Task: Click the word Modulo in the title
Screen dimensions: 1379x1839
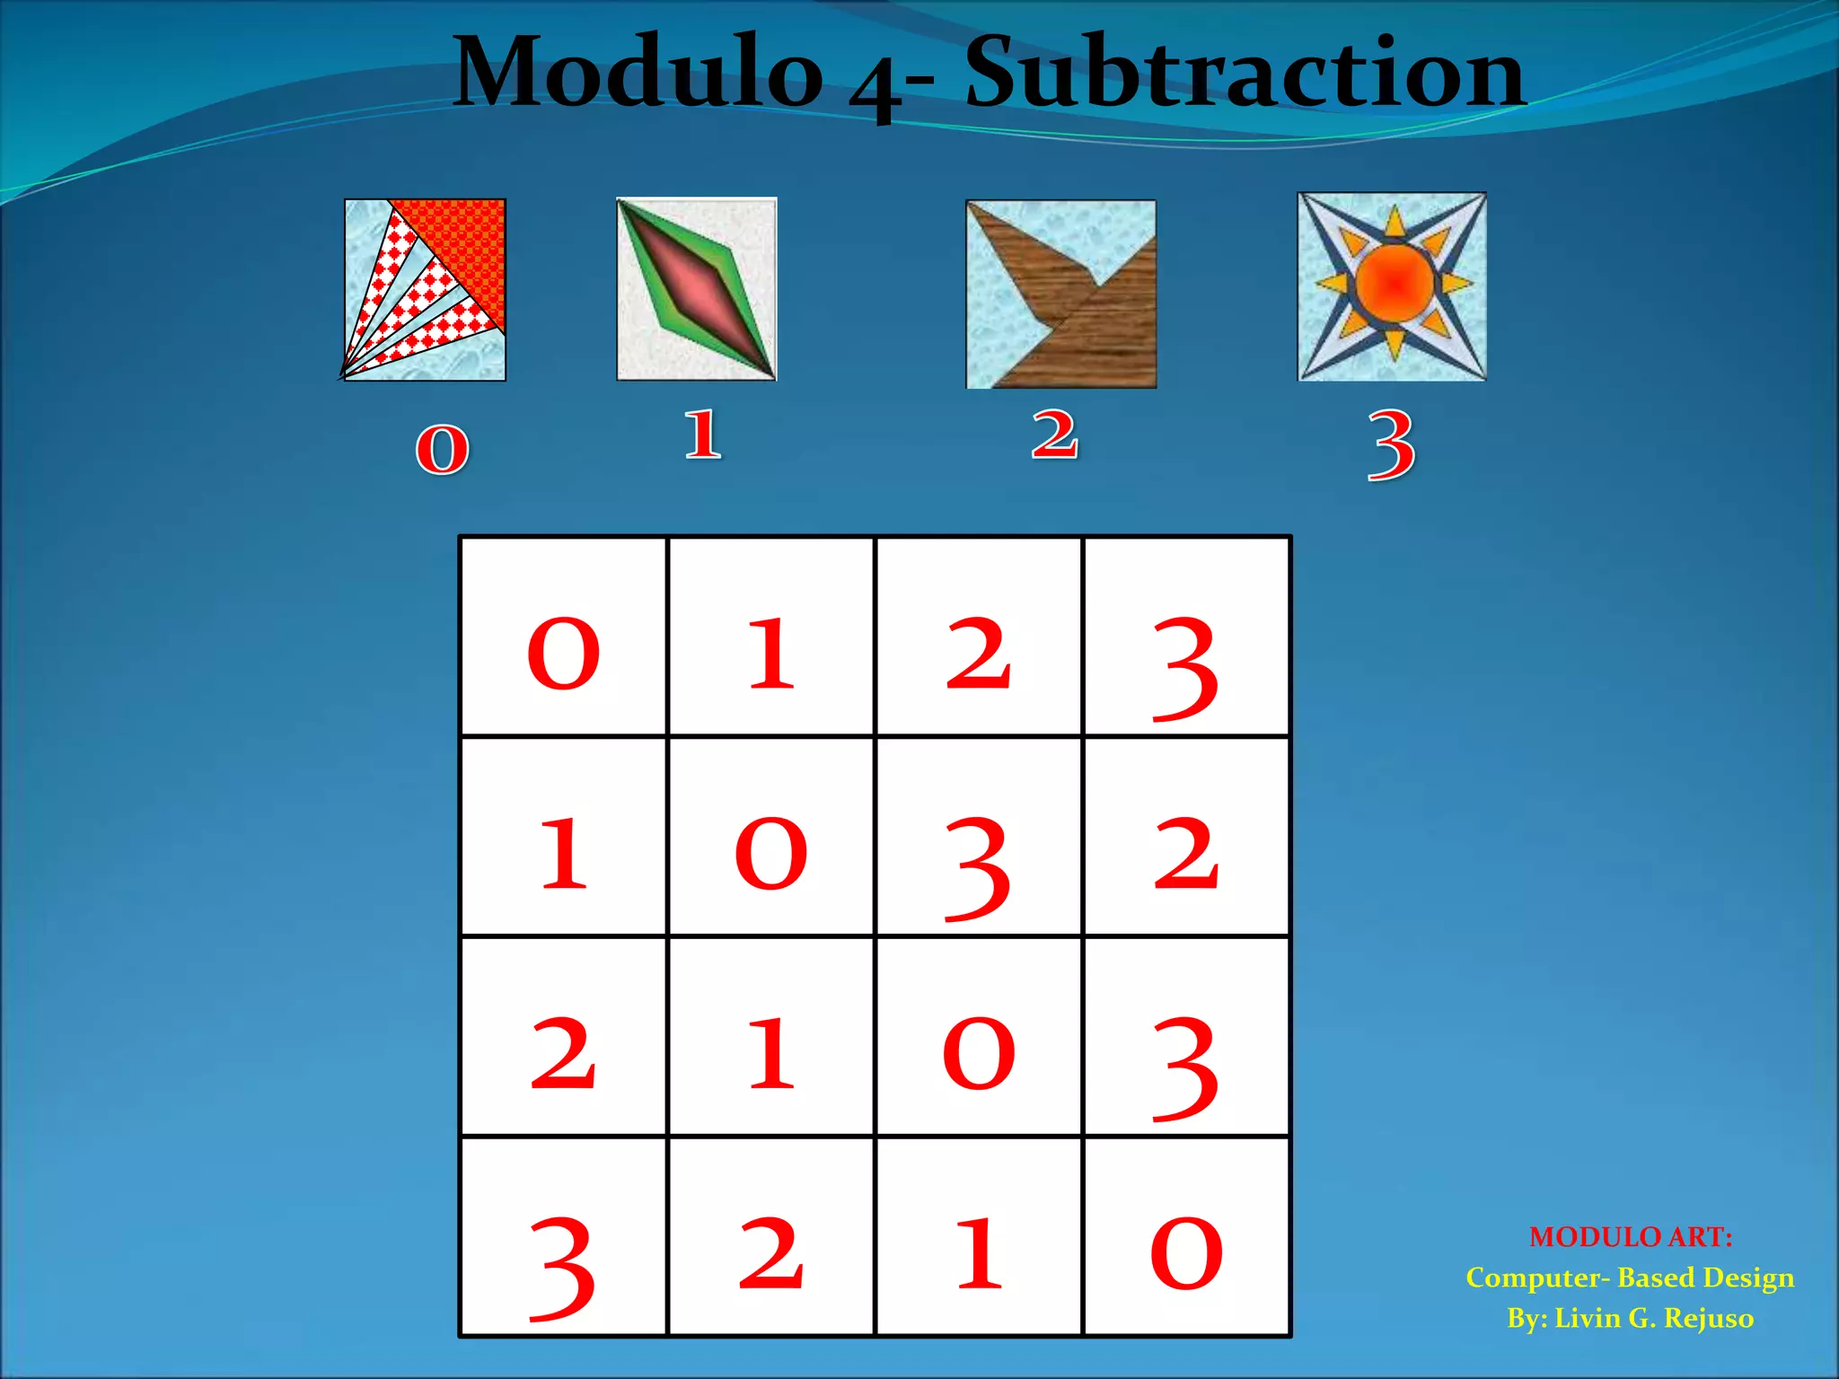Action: tap(638, 72)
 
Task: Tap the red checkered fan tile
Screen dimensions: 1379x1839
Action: tap(425, 289)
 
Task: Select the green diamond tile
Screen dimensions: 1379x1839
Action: tap(697, 289)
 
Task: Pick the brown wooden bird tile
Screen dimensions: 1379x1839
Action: tap(1060, 294)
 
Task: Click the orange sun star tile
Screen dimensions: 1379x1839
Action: tap(1392, 286)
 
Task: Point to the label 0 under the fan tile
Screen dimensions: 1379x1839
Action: tap(442, 448)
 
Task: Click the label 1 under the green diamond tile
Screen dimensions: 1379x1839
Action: tap(702, 435)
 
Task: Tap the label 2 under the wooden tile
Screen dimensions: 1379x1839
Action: tap(1054, 435)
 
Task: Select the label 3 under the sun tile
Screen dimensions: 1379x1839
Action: tap(1391, 444)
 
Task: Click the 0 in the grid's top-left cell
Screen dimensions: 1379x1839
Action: tap(563, 654)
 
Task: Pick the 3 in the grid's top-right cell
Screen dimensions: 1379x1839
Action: tap(1185, 668)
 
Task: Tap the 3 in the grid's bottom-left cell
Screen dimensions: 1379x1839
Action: tap(562, 1268)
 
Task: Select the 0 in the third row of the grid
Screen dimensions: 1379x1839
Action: tap(979, 1053)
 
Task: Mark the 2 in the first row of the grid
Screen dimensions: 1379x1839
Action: tap(979, 654)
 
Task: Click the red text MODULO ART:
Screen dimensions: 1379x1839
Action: tap(1631, 1237)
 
